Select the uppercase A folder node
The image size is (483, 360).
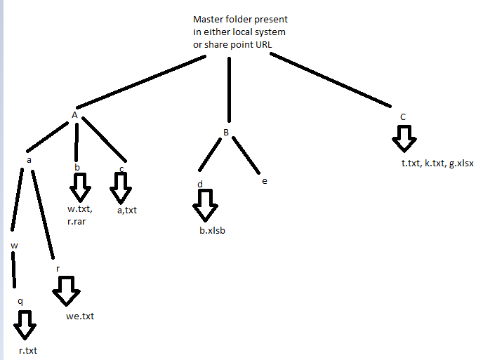tap(74, 114)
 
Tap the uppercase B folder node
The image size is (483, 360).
tap(226, 132)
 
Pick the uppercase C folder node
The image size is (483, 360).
tap(402, 116)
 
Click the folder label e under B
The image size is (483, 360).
tap(264, 182)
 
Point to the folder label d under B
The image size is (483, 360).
tap(200, 185)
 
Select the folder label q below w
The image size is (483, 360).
tap(20, 300)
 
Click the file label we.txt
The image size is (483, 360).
tap(79, 316)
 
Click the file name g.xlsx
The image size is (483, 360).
tap(461, 164)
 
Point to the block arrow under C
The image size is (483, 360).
tap(403, 138)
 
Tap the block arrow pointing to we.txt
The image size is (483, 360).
tap(67, 291)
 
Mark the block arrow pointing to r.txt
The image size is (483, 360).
tap(25, 324)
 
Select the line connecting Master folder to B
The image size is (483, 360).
tap(228, 88)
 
